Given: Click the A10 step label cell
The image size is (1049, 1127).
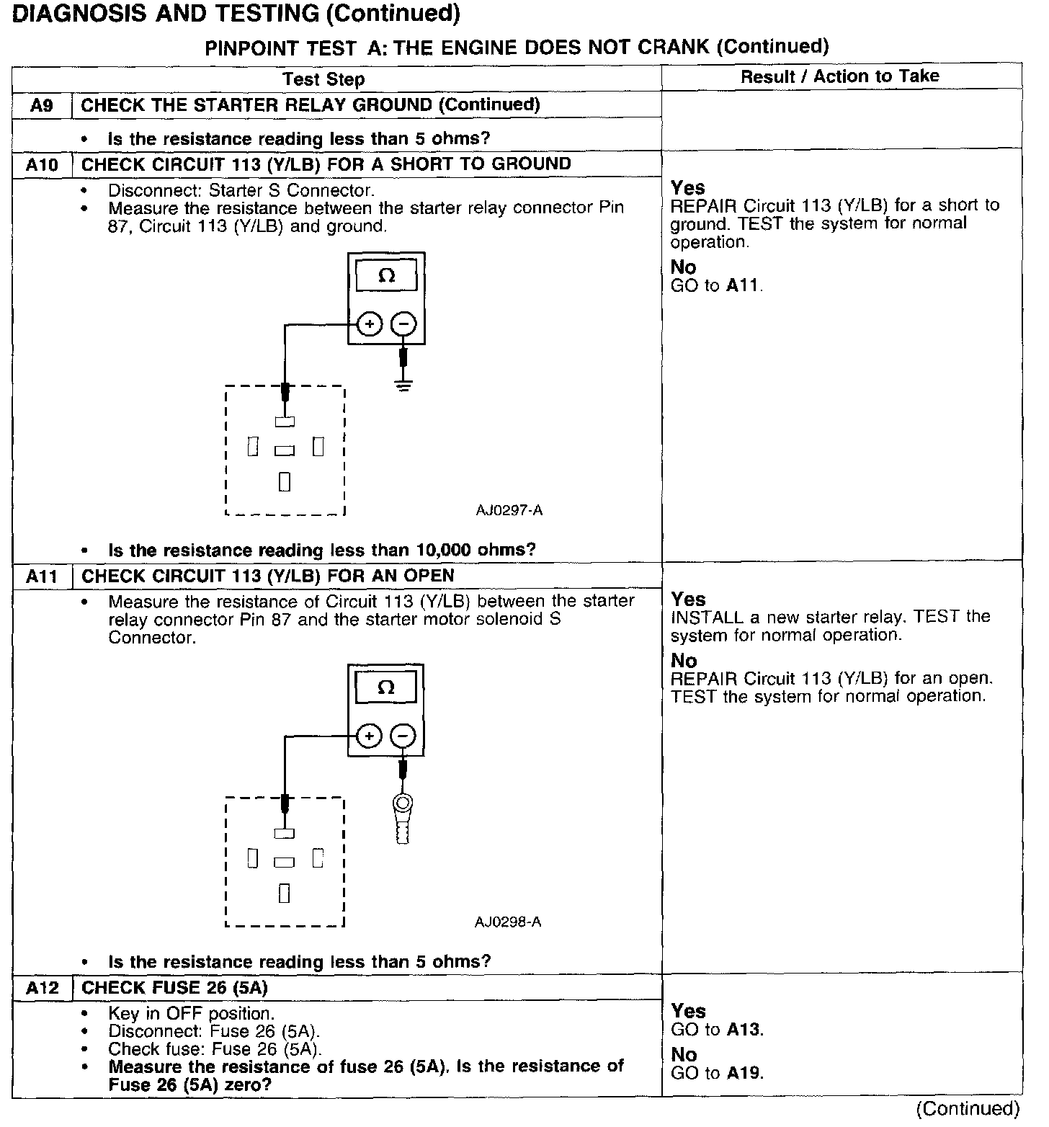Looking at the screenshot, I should click(42, 165).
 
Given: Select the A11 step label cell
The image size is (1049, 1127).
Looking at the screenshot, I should click(42, 576).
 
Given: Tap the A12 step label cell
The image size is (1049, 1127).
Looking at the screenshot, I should click(42, 988).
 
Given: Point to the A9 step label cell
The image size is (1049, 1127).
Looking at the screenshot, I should click(42, 105).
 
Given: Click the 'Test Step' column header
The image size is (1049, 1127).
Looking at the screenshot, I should click(323, 79).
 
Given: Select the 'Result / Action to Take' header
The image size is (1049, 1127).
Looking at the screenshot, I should click(840, 76).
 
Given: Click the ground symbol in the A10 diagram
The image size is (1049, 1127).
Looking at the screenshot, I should click(403, 386).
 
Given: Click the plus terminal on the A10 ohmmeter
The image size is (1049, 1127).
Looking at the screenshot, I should click(370, 325).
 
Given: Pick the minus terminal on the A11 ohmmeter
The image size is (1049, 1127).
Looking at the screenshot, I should click(403, 736).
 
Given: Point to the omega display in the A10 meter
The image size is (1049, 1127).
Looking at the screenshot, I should click(387, 277).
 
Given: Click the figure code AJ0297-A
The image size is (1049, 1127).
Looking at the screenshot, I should click(509, 511).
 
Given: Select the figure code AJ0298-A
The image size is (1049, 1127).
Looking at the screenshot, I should click(508, 922).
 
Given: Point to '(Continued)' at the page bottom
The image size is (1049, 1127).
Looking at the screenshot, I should click(968, 1108).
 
